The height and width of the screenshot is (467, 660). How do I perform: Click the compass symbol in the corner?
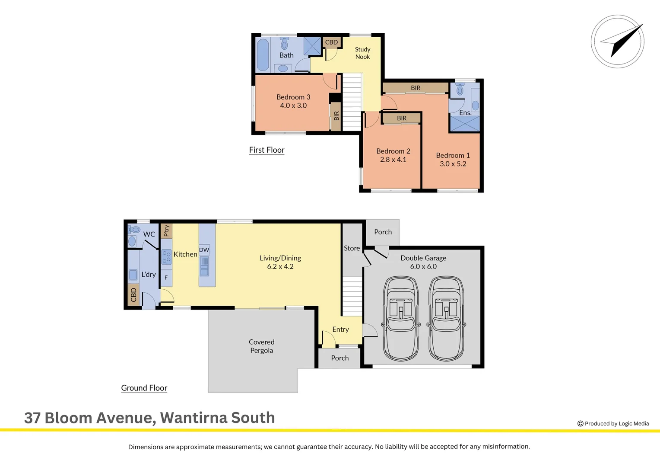618,42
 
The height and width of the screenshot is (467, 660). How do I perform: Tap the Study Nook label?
362,53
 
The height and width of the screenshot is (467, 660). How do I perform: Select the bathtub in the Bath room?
263,55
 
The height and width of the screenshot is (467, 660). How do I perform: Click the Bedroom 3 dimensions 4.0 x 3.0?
293,106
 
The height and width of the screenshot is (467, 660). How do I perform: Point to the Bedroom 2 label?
393,151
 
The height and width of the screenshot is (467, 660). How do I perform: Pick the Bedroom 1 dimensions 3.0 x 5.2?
453,164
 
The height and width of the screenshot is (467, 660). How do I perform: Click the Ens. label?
465,112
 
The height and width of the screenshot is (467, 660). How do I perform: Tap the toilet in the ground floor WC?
134,230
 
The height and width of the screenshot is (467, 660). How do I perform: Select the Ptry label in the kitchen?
166,230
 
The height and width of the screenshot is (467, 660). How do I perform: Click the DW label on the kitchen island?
204,250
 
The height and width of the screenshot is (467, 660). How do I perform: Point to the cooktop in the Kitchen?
166,257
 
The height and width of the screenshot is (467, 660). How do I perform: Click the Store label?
352,248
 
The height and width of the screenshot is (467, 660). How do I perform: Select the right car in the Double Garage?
446,319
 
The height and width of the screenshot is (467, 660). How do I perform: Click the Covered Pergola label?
261,346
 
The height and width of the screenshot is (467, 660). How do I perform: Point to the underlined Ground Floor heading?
144,388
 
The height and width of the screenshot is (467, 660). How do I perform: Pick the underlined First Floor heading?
267,150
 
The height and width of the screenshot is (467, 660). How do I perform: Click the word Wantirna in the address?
194,418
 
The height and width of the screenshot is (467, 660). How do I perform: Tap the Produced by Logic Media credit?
613,424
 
